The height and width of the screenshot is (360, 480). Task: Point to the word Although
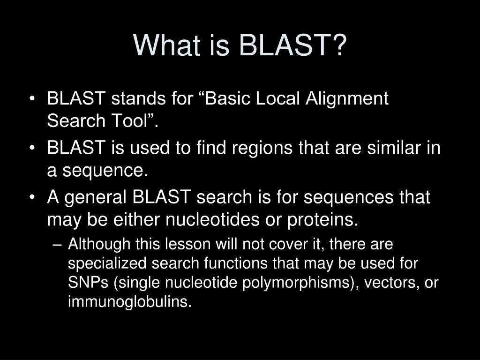(x=100, y=244)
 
